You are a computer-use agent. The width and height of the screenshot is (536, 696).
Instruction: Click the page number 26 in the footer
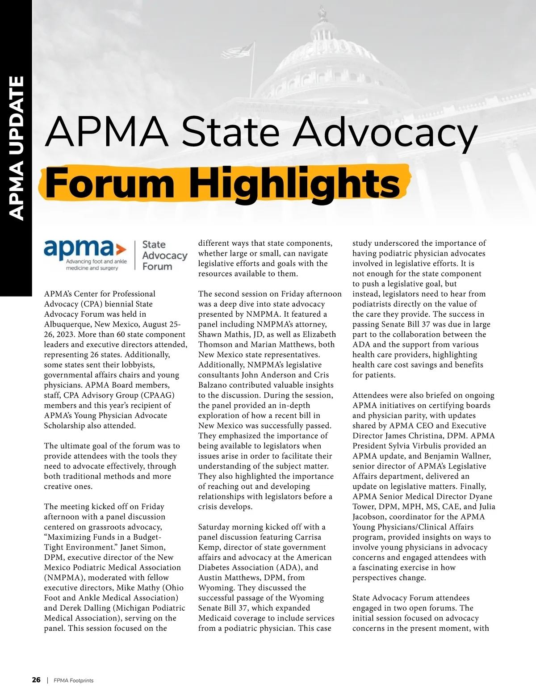(x=36, y=680)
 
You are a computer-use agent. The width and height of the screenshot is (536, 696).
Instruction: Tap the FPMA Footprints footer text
(x=74, y=680)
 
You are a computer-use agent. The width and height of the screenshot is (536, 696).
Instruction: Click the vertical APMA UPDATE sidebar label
(x=17, y=148)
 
